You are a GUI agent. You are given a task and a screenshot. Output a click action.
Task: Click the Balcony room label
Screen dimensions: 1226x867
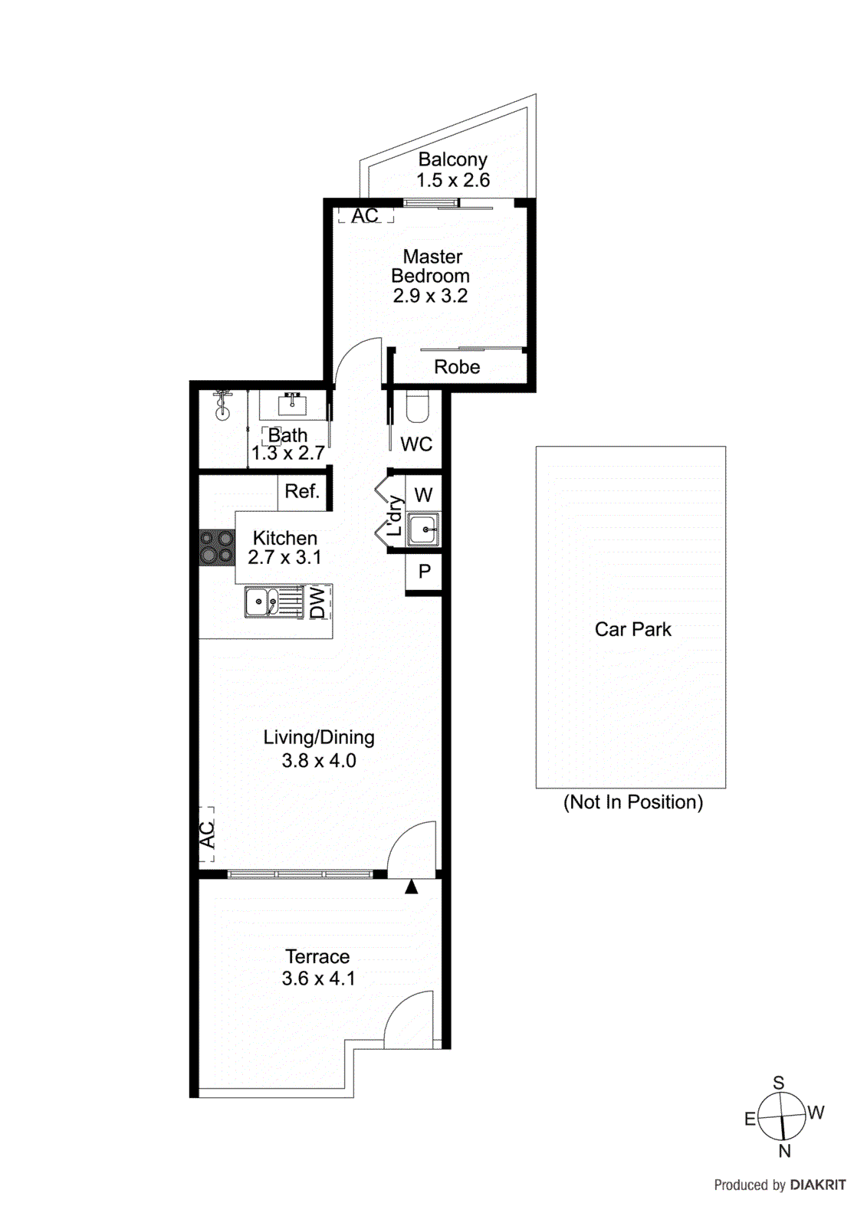[x=452, y=159]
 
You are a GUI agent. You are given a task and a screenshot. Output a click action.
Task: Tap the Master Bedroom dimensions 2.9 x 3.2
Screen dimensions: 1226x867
[x=430, y=297]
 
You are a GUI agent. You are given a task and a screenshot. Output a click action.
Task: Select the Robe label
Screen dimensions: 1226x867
[x=457, y=367]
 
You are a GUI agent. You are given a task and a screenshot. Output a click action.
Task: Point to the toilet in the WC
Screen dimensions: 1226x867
[x=418, y=407]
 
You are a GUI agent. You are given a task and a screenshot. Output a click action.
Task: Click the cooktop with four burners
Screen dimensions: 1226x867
[x=216, y=548]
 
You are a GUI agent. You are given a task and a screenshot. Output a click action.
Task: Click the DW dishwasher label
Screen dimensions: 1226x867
[x=318, y=602]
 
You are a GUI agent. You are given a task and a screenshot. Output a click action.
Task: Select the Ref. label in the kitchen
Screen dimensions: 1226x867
[x=302, y=491]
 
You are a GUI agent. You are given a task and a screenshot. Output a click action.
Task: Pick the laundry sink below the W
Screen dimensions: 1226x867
[x=423, y=529]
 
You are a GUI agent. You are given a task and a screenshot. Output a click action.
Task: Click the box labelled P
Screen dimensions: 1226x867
[x=424, y=572]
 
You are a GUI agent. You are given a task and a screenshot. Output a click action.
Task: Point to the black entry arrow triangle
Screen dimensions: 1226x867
[x=412, y=887]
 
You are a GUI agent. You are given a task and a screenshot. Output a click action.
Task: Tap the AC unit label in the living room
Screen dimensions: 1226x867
[x=207, y=834]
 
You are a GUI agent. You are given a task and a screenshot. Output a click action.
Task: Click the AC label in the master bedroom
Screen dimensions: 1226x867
[x=365, y=216]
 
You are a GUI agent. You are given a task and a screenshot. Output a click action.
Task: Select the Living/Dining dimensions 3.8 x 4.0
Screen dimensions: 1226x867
[x=319, y=761]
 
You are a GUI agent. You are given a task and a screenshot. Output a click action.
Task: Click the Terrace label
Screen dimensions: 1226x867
[x=317, y=956]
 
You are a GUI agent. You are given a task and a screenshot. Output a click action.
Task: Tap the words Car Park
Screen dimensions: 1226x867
[x=632, y=629]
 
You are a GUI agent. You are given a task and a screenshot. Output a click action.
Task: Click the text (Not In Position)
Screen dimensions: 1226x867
[x=632, y=802]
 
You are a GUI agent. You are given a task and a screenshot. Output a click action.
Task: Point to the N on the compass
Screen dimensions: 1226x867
[x=784, y=1151]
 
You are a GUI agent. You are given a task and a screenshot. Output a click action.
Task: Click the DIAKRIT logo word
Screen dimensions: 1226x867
[x=818, y=1185]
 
